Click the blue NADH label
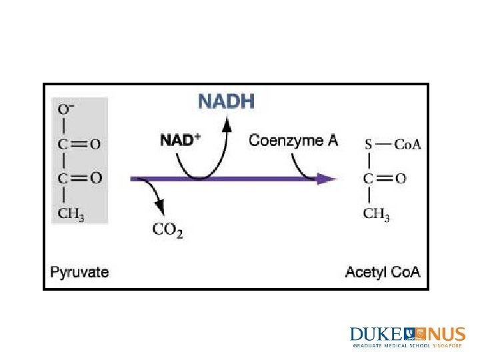(226, 102)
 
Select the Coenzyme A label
(293, 140)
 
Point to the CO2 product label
(168, 230)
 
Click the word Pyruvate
(80, 272)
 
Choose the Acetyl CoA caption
(383, 272)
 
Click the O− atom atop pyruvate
(67, 108)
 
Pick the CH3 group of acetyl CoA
(376, 213)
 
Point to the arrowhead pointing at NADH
(227, 123)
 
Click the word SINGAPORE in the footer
(447, 346)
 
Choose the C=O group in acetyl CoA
(383, 179)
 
